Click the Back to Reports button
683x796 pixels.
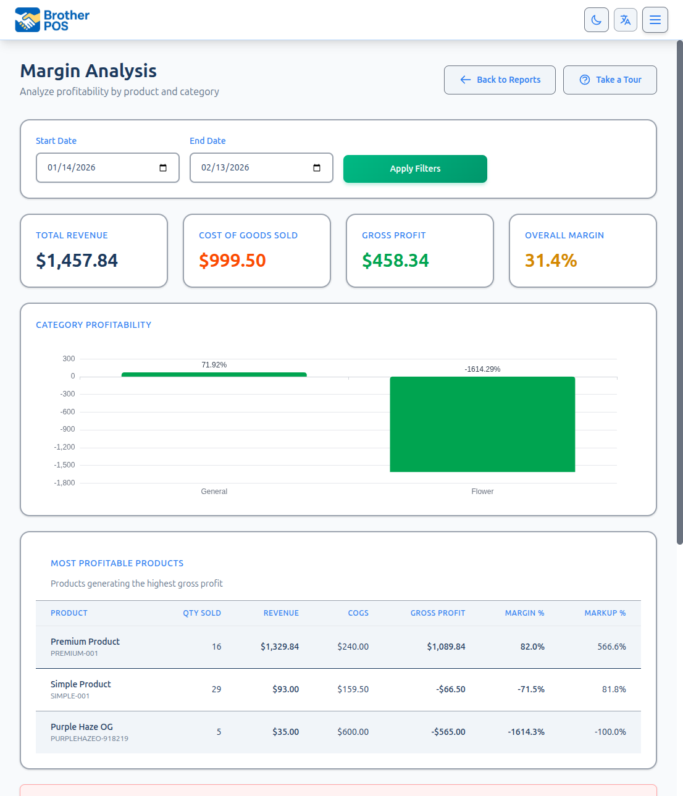pos(500,80)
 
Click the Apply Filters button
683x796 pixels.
pos(415,169)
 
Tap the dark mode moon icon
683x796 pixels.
pos(596,20)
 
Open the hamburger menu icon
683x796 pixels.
pos(655,20)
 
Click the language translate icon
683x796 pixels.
pos(625,20)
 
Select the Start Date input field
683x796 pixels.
pos(99,168)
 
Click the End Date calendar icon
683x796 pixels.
pos(317,168)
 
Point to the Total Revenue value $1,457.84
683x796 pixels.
pos(77,261)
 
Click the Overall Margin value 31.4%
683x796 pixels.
pos(551,261)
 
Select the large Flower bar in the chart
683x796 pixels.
pos(482,424)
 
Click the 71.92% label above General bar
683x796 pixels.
pos(214,365)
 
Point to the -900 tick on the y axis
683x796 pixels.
pos(67,429)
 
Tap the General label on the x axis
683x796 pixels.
pos(214,492)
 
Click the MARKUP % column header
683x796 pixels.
pos(605,613)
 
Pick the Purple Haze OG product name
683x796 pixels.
pos(82,727)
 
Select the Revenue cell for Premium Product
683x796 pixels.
pos(279,647)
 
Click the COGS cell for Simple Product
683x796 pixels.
pos(353,689)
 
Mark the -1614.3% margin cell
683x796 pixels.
pos(526,732)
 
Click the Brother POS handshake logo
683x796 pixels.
pos(27,20)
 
